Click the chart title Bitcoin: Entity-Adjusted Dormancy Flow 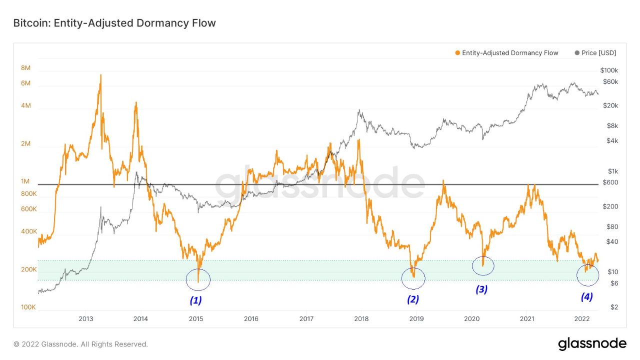tap(114, 23)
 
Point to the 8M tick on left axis tap(26, 68)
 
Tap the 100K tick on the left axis tap(28, 307)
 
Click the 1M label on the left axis tap(26, 181)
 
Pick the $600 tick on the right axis tap(610, 182)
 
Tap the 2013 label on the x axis tap(86, 318)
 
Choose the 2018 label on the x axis tap(361, 318)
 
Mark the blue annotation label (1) tap(195, 300)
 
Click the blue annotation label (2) tap(412, 299)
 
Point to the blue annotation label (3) tap(481, 289)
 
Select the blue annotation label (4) tap(586, 296)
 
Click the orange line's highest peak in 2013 tap(100, 75)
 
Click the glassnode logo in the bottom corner tap(592, 344)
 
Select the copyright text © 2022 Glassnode tap(80, 344)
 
